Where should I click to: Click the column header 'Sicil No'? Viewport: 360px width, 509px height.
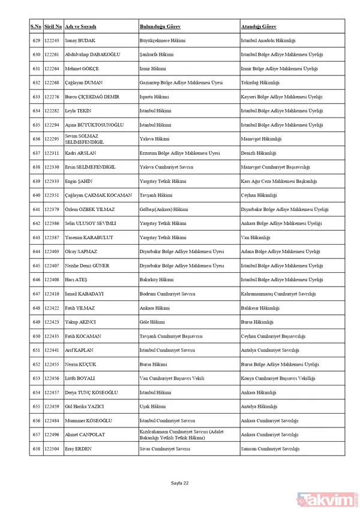53,27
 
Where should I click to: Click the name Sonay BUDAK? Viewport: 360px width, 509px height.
81,40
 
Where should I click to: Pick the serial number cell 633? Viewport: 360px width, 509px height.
36,97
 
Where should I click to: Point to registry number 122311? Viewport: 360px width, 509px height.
53,153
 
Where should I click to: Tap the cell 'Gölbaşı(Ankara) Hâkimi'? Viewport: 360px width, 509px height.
163,209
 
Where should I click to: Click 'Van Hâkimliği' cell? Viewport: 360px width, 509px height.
255,237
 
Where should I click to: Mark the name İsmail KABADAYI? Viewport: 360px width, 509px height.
84,294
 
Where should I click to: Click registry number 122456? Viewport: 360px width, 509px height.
53,378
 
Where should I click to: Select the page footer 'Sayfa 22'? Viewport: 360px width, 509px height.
179,483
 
